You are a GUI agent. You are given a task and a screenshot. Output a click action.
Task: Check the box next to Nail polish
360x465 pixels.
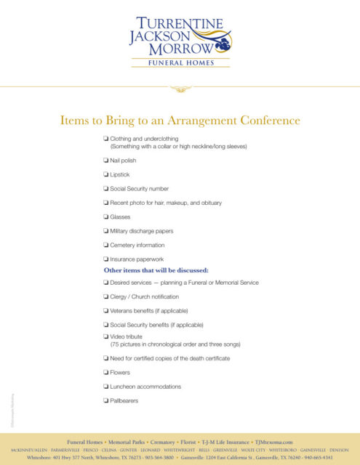(x=106, y=160)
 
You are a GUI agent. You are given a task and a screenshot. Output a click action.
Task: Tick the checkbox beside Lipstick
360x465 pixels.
(x=106, y=174)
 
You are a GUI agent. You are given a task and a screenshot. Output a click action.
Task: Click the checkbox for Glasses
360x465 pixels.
(x=106, y=217)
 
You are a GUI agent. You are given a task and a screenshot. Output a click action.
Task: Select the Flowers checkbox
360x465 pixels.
(x=106, y=373)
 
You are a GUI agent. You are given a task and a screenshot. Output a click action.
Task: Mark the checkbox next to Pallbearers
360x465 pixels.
(x=106, y=400)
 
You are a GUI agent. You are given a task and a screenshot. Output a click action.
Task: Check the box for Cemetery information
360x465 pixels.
(x=106, y=245)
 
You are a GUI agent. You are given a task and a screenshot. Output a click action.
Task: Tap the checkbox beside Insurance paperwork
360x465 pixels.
(x=106, y=259)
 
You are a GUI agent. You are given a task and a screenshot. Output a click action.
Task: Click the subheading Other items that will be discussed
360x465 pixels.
(x=156, y=270)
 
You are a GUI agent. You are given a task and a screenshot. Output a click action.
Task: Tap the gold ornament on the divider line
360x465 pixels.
(x=180, y=89)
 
